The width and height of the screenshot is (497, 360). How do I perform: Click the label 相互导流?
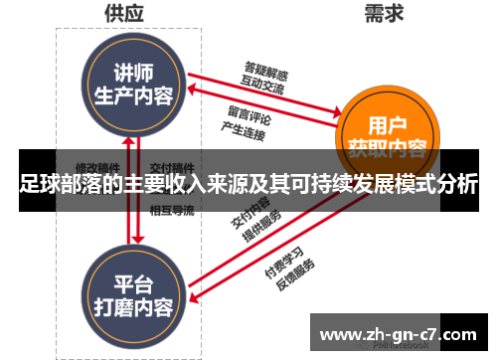pos(171,210)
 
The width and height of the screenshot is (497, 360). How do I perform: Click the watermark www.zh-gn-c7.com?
pos(402,331)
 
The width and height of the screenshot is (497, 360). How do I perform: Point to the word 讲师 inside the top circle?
pos(132,74)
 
